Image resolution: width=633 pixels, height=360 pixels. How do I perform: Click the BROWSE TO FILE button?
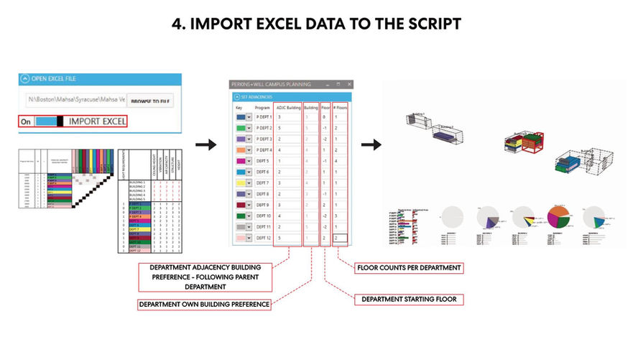tap(150, 101)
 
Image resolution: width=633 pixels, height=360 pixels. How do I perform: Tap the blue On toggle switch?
tap(49, 121)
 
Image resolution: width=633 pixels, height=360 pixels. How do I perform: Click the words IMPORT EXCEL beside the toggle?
tap(98, 121)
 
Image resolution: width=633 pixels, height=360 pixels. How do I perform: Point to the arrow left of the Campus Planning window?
tap(205, 145)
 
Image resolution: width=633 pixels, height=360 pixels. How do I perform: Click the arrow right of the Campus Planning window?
tap(371, 145)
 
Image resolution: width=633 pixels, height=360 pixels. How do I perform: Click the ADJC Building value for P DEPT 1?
tap(287, 116)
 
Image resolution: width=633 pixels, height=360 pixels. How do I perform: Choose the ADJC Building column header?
tap(287, 106)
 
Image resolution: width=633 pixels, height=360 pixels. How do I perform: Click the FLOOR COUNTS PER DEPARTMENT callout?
tap(409, 268)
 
